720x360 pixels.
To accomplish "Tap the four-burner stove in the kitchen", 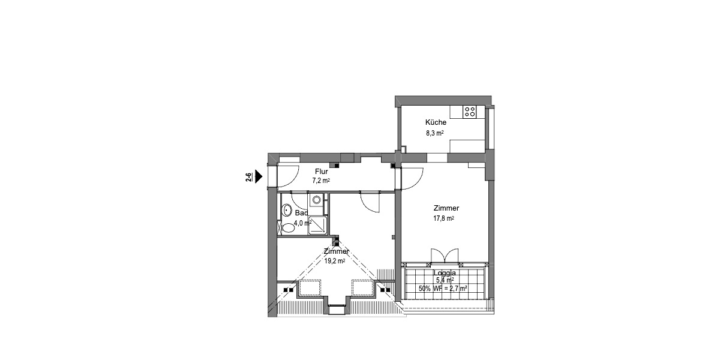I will pyautogui.click(x=470, y=111).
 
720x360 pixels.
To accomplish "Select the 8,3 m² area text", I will pyautogui.click(x=434, y=133).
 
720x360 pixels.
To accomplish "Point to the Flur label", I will pyautogui.click(x=321, y=171).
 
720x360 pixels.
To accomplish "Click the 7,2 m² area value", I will pyautogui.click(x=321, y=180).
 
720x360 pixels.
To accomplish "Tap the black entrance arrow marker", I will pyautogui.click(x=259, y=176).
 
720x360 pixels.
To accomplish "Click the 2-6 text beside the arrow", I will pyautogui.click(x=248, y=176).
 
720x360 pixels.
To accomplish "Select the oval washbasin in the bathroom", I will pyautogui.click(x=287, y=211).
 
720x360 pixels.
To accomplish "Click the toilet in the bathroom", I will pyautogui.click(x=287, y=227).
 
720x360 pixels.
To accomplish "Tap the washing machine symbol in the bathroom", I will pyautogui.click(x=316, y=200).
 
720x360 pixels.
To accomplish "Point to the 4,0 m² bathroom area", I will pyautogui.click(x=301, y=222).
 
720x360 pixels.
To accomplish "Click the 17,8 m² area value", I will pyautogui.click(x=444, y=218).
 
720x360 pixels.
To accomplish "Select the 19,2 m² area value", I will pyautogui.click(x=334, y=261).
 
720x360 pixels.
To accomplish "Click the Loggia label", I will pyautogui.click(x=444, y=272).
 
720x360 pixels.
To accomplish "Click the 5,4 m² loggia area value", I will pyautogui.click(x=444, y=280).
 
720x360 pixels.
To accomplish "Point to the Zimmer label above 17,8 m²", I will pyautogui.click(x=446, y=208).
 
